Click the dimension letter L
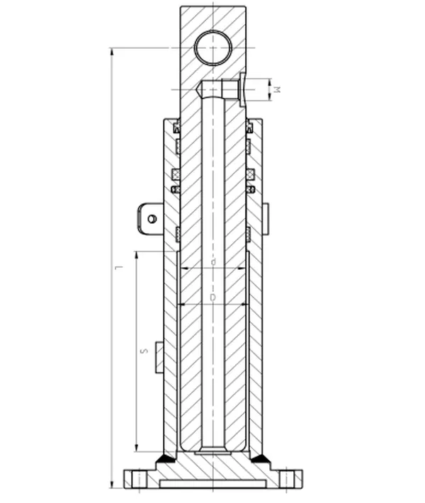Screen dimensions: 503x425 pyautogui.click(x=119, y=267)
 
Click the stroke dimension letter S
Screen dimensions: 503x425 pyautogui.click(x=144, y=350)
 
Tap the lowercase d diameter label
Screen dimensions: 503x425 pyautogui.click(x=212, y=262)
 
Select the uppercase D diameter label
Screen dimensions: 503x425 pyautogui.click(x=212, y=298)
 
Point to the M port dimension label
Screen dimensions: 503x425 pyautogui.click(x=278, y=90)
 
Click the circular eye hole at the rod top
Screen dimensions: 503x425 pyautogui.click(x=213, y=48)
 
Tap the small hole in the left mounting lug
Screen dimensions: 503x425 pyautogui.click(x=152, y=218)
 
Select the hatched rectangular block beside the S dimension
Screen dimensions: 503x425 pyautogui.click(x=159, y=356)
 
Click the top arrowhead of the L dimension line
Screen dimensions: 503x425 pyautogui.click(x=112, y=52)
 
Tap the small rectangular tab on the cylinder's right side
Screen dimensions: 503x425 pyautogui.click(x=266, y=218)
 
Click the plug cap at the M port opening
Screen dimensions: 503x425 pyautogui.click(x=242, y=90)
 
